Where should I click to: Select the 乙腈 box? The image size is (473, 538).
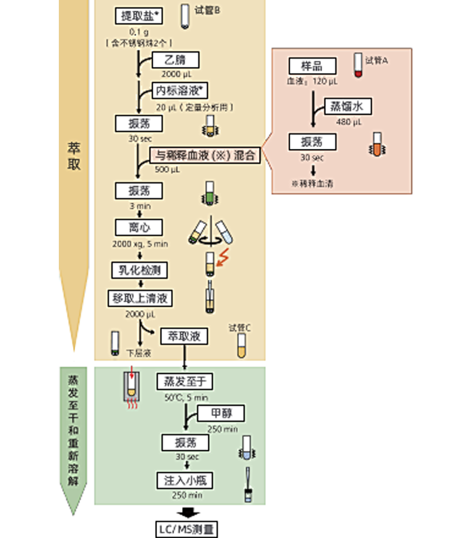coord(176,61)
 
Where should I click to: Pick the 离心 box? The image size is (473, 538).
coord(140,227)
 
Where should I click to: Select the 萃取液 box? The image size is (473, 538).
coord(184,337)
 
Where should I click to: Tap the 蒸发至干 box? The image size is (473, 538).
coord(184,381)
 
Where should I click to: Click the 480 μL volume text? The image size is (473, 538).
coord(349,121)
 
